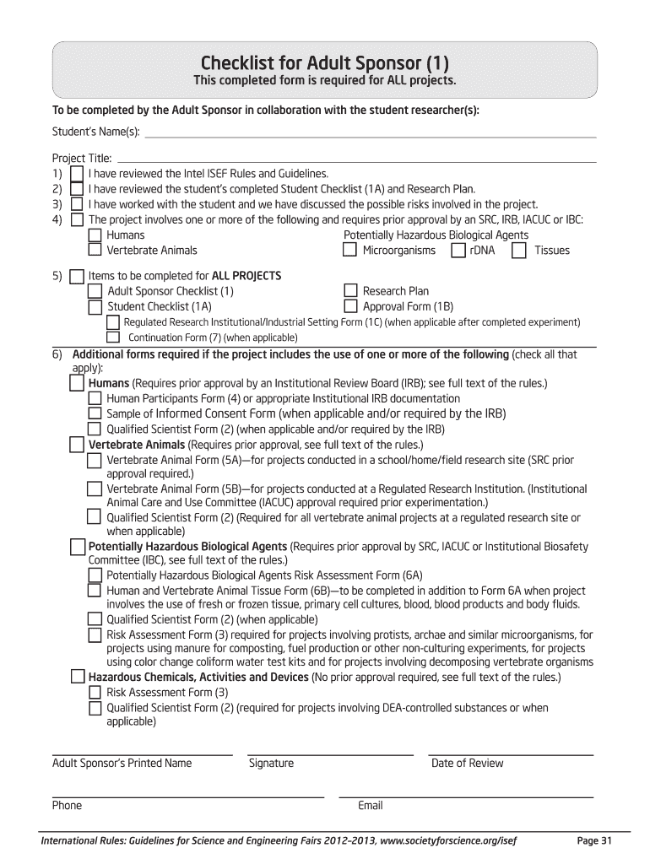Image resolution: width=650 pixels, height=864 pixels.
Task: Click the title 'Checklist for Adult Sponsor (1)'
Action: pos(324,62)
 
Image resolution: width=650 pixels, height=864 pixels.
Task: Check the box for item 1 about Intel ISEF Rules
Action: pos(77,173)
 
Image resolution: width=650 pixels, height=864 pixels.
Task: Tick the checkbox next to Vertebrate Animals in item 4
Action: pos(95,250)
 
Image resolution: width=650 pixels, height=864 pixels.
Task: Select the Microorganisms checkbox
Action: pos(349,250)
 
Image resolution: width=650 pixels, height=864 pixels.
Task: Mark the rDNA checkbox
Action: pos(458,250)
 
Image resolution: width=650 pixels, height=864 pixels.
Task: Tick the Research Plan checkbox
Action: pos(350,291)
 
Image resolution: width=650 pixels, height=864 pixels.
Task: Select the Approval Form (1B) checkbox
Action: pos(350,306)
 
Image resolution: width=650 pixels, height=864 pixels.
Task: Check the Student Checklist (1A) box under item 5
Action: pos(95,306)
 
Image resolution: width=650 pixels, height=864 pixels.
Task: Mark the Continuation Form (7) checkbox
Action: pos(113,337)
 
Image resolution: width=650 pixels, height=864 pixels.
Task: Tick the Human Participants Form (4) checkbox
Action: pos(95,398)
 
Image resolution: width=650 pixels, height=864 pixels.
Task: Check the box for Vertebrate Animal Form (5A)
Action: pos(95,460)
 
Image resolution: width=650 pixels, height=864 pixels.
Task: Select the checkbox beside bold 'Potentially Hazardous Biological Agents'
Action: pos(78,548)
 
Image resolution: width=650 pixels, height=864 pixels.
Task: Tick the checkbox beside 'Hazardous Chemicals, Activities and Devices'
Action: pos(78,677)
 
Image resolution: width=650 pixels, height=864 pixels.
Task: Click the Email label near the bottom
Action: pos(370,806)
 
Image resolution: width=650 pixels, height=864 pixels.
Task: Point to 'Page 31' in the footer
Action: pos(593,840)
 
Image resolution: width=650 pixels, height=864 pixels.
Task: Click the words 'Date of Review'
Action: pos(467,764)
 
